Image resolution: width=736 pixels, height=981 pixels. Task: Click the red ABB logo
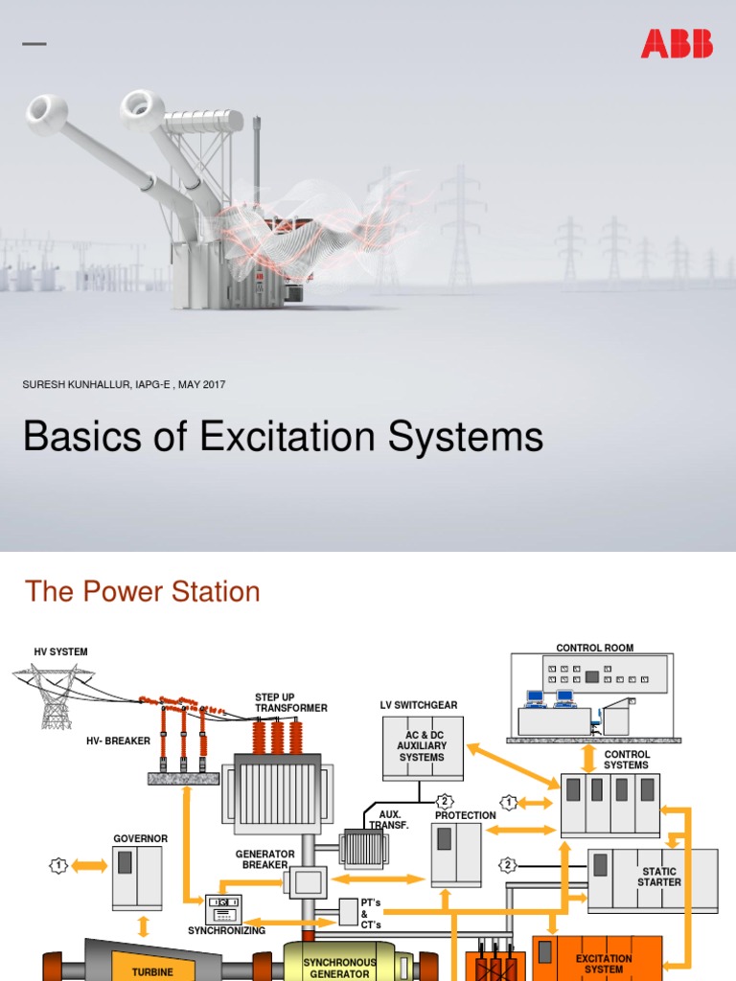[677, 43]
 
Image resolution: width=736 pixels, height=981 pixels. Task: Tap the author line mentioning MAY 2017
[124, 384]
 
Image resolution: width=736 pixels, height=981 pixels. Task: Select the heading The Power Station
[143, 591]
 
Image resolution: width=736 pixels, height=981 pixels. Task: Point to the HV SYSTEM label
[60, 652]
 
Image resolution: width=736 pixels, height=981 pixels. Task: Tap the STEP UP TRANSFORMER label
[290, 702]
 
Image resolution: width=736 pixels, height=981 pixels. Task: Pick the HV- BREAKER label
[118, 741]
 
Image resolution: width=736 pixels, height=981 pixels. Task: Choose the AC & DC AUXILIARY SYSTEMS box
[422, 745]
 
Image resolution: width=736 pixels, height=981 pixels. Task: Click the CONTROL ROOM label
[594, 649]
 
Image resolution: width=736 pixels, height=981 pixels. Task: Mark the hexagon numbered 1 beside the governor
[59, 866]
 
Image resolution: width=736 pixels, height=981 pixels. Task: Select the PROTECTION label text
[466, 815]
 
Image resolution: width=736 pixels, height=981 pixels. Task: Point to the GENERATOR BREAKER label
[264, 860]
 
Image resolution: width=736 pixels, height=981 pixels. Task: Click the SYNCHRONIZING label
[226, 930]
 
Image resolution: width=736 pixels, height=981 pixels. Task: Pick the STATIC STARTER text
[659, 877]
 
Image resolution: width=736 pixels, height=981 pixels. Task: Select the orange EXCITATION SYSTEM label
[604, 964]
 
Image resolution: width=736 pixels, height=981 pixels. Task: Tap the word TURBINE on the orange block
[152, 972]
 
